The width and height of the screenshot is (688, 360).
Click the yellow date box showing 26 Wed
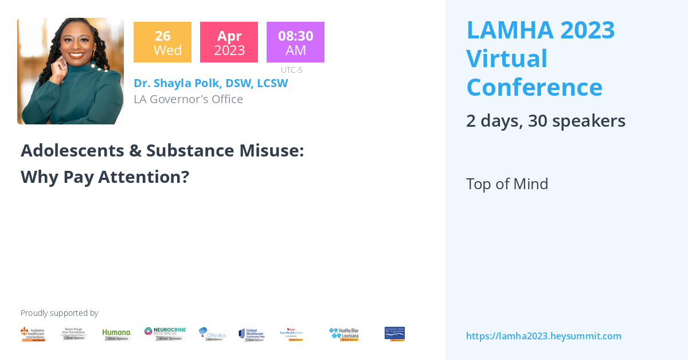click(162, 42)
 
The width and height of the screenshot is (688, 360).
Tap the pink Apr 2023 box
click(229, 42)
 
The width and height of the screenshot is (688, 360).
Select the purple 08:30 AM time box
click(295, 42)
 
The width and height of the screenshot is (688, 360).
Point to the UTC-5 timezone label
click(292, 70)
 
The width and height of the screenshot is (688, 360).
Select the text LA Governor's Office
click(188, 99)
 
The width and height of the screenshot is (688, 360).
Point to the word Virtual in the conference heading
click(507, 58)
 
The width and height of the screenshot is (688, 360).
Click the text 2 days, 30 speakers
click(545, 121)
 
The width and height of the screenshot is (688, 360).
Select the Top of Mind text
click(507, 184)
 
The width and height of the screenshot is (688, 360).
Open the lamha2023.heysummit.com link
click(544, 336)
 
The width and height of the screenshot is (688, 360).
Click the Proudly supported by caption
click(59, 313)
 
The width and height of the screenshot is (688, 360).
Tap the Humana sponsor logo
click(117, 334)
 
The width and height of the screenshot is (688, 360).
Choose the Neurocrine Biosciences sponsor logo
click(165, 334)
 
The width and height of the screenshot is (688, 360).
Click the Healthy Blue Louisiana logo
click(344, 334)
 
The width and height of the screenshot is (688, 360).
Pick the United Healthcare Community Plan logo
click(252, 334)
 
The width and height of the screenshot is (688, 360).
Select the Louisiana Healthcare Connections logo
click(33, 334)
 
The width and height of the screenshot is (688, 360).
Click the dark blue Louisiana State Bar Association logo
click(394, 334)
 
